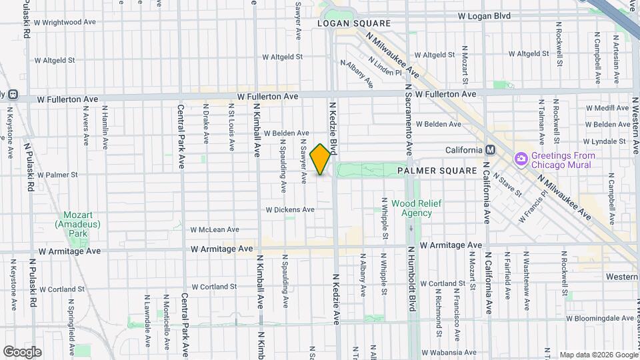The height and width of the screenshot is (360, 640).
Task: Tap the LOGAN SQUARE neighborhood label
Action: [353, 23]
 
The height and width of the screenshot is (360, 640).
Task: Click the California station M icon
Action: [490, 150]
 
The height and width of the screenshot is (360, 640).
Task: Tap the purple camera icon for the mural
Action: [521, 160]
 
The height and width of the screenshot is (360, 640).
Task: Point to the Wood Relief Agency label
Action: [411, 208]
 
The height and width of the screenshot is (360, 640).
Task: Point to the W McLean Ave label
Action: [215, 229]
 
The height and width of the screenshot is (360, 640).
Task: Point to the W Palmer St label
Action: [58, 175]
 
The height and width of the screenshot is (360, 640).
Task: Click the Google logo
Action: [23, 351]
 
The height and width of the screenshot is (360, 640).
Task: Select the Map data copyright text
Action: [598, 354]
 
